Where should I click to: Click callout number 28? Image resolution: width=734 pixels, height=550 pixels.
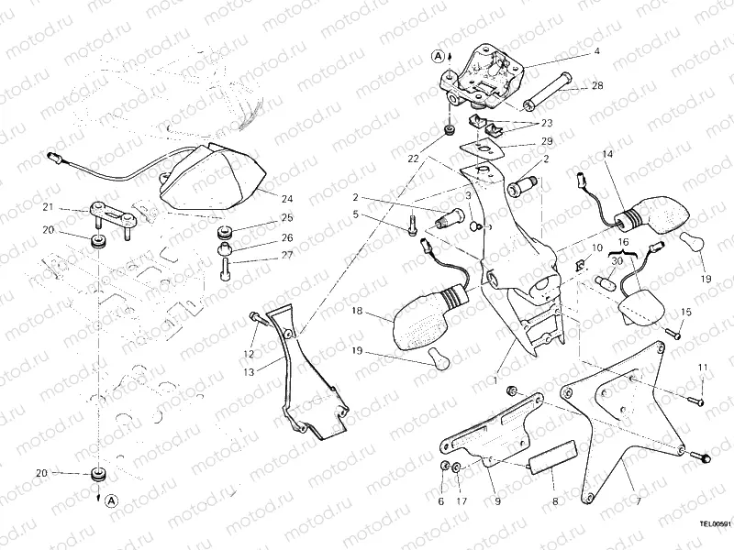point(596,85)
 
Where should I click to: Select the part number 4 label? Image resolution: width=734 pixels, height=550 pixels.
point(596,51)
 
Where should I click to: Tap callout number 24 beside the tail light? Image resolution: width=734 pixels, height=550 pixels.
point(287,197)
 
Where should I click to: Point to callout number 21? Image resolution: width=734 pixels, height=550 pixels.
point(49,207)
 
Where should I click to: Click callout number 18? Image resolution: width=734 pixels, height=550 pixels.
point(357,313)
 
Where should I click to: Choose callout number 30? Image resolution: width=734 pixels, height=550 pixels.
point(617,261)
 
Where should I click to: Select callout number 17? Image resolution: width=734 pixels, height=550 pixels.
point(462,501)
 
